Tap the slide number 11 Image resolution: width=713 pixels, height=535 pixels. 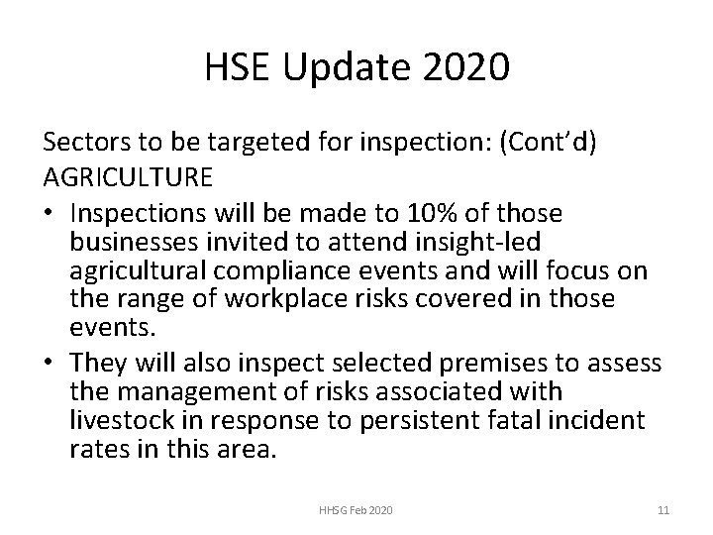pos(663,509)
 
